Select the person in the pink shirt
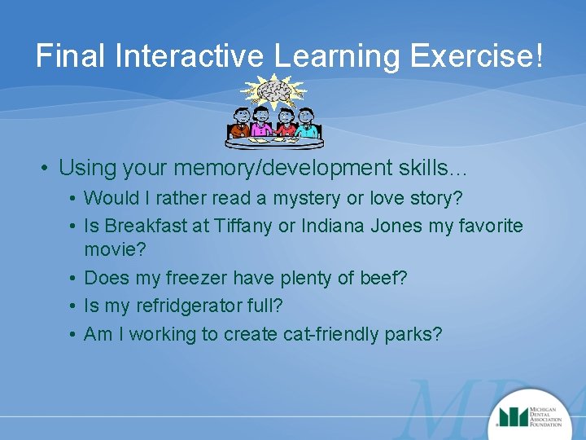coord(262,126)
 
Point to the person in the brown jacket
coord(239,126)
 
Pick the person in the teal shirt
coord(307,126)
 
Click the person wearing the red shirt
coord(285,126)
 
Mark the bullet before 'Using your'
coord(46,169)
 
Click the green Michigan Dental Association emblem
coord(514,416)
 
